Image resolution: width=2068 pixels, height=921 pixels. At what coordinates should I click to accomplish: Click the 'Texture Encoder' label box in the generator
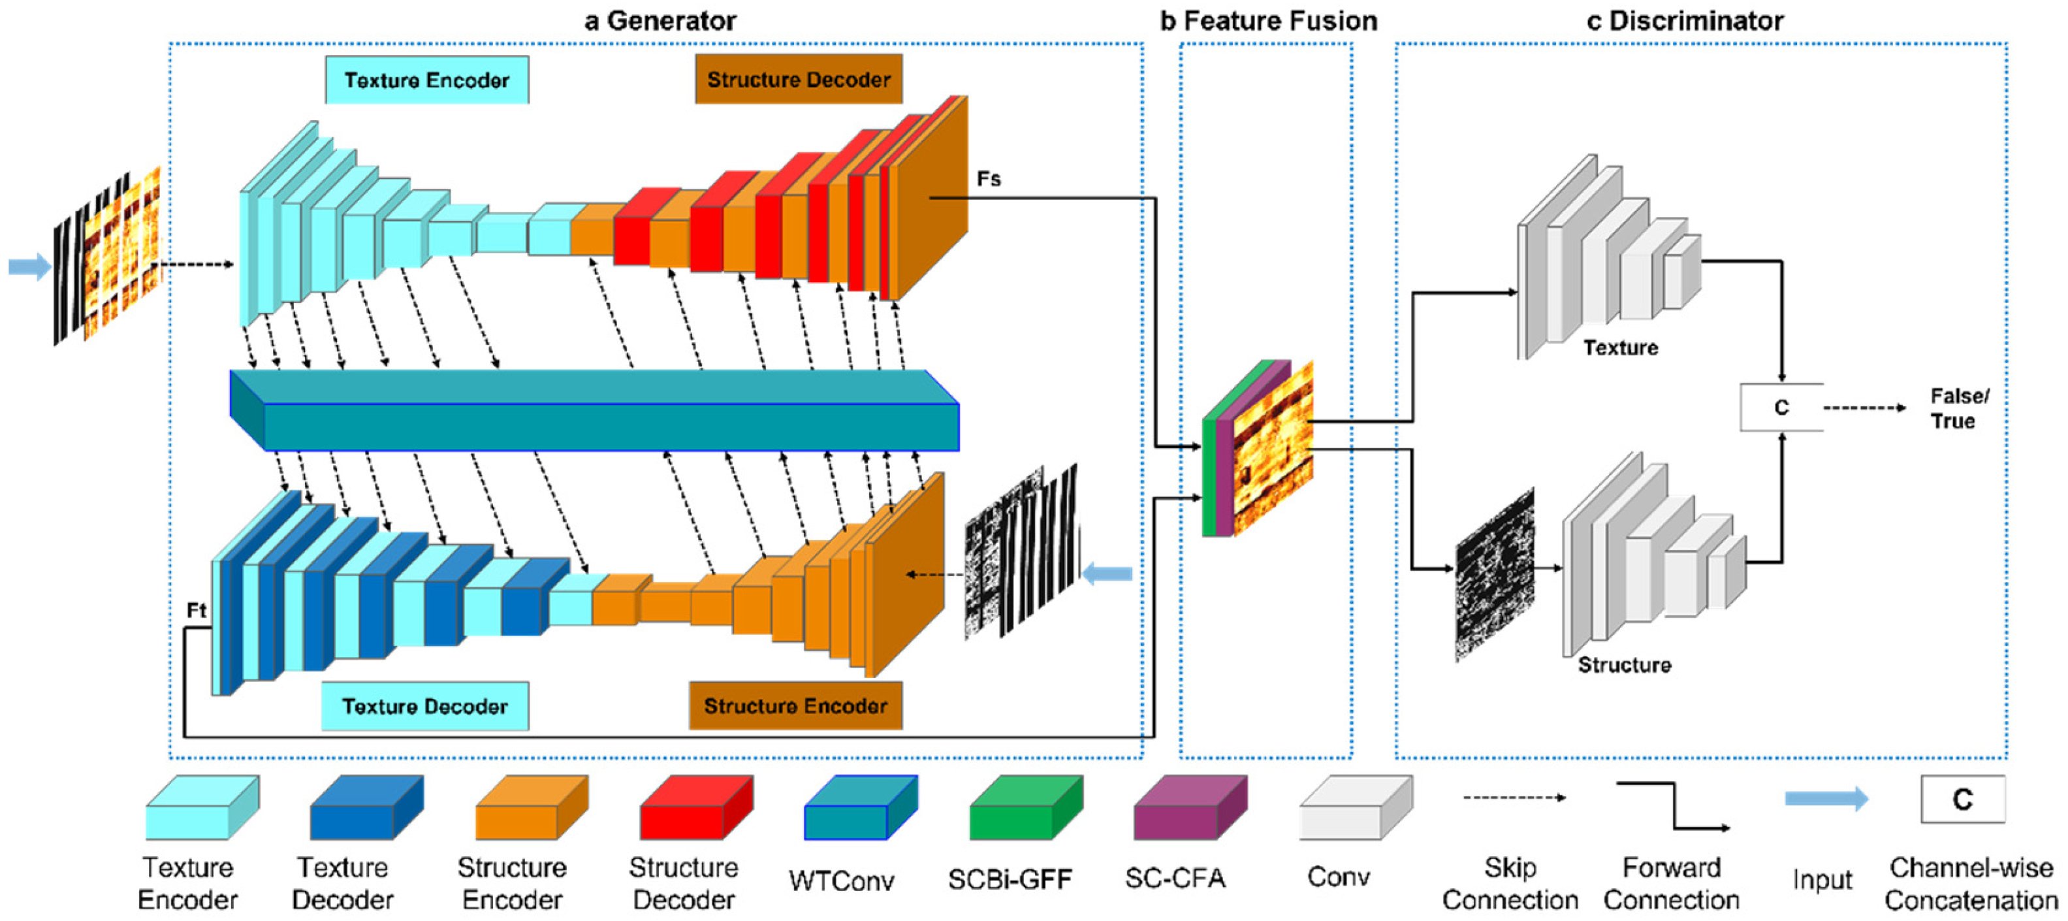pos(427,80)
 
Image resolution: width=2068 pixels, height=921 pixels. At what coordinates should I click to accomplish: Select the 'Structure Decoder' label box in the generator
pos(799,78)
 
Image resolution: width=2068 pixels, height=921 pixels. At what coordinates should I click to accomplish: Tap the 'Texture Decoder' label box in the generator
pos(424,706)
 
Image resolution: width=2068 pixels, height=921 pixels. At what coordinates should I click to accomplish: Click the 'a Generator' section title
pos(660,20)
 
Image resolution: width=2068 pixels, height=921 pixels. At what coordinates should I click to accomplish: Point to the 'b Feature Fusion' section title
pos(1268,20)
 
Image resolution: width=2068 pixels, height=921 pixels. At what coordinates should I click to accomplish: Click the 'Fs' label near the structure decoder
pos(988,178)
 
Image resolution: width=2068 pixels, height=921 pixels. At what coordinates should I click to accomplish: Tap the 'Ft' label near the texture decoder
pos(197,610)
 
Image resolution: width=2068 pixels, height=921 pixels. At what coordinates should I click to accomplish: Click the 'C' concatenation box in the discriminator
pos(1781,407)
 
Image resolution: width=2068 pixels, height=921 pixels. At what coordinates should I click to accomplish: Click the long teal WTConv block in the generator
pos(594,410)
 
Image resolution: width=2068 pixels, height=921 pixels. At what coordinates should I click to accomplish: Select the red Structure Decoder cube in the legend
pos(696,807)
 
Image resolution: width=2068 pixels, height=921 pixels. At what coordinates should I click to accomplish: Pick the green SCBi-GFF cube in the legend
pos(1026,807)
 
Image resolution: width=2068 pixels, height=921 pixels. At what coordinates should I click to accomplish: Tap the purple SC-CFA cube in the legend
pos(1190,807)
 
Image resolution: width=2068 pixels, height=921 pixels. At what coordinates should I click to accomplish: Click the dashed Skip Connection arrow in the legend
pos(1514,798)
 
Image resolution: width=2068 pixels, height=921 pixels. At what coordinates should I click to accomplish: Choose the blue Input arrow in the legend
pos(1826,798)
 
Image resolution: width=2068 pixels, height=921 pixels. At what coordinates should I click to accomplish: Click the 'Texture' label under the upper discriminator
pos(1620,347)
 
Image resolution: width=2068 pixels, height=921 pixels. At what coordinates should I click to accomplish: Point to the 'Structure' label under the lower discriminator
pos(1624,665)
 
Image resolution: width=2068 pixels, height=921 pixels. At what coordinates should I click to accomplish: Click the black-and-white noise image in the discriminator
pos(1495,575)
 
